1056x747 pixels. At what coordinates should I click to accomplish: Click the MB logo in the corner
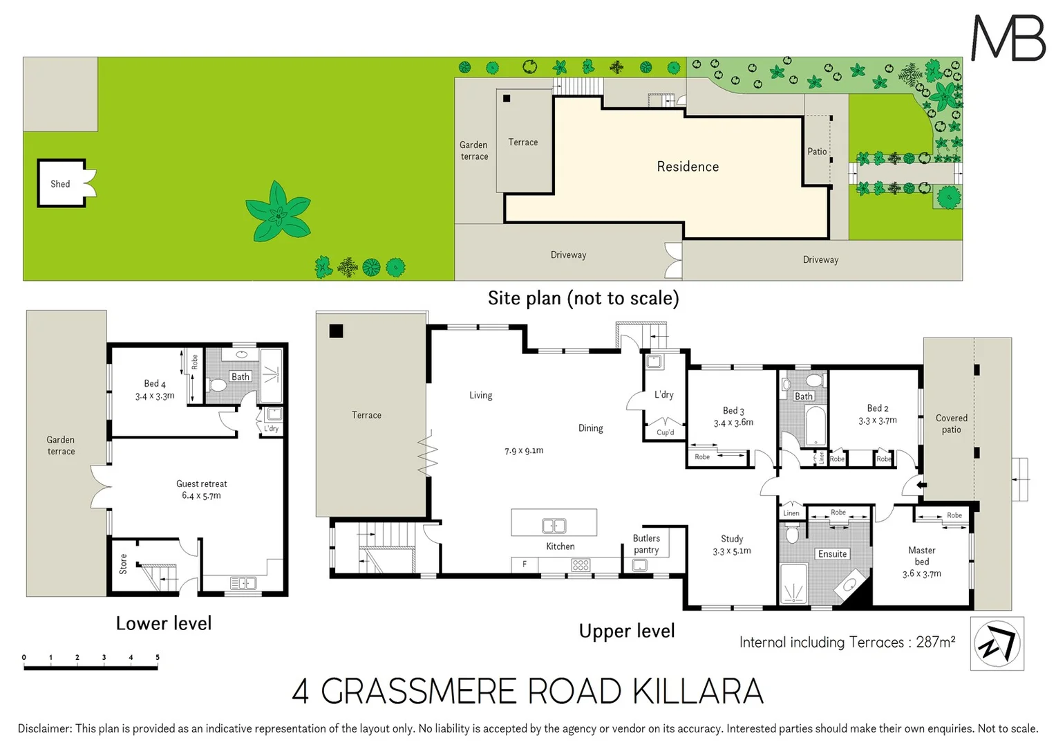click(x=1008, y=38)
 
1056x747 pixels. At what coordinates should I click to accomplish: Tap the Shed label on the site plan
click(x=60, y=184)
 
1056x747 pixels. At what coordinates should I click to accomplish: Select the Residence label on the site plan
click(x=688, y=167)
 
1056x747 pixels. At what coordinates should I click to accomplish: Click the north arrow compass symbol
click(x=997, y=644)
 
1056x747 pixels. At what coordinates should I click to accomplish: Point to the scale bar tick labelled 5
click(x=158, y=658)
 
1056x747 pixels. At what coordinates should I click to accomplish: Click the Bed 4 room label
click(x=155, y=384)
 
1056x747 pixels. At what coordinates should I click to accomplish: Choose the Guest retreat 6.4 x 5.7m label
click(x=201, y=490)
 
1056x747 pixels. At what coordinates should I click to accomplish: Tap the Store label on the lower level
click(x=123, y=564)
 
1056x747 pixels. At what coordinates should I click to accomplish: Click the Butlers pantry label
click(x=646, y=544)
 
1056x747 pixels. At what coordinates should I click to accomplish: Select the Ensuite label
click(x=832, y=554)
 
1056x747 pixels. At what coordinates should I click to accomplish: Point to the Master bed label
click(x=921, y=556)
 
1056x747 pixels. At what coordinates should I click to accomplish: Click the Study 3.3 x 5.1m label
click(x=732, y=545)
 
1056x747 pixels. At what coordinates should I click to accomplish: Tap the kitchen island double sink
click(x=554, y=526)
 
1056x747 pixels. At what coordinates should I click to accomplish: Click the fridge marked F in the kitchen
click(x=525, y=564)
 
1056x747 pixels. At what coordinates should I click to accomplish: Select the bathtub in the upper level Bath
click(x=815, y=425)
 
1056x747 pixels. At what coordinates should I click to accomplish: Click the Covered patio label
click(x=951, y=423)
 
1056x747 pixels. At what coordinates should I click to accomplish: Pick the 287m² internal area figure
click(x=935, y=642)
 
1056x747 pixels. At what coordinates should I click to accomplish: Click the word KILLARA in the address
click(x=698, y=692)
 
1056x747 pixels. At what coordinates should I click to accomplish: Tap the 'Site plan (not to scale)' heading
click(x=583, y=298)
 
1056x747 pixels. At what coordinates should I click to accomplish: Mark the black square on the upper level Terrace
click(x=336, y=331)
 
